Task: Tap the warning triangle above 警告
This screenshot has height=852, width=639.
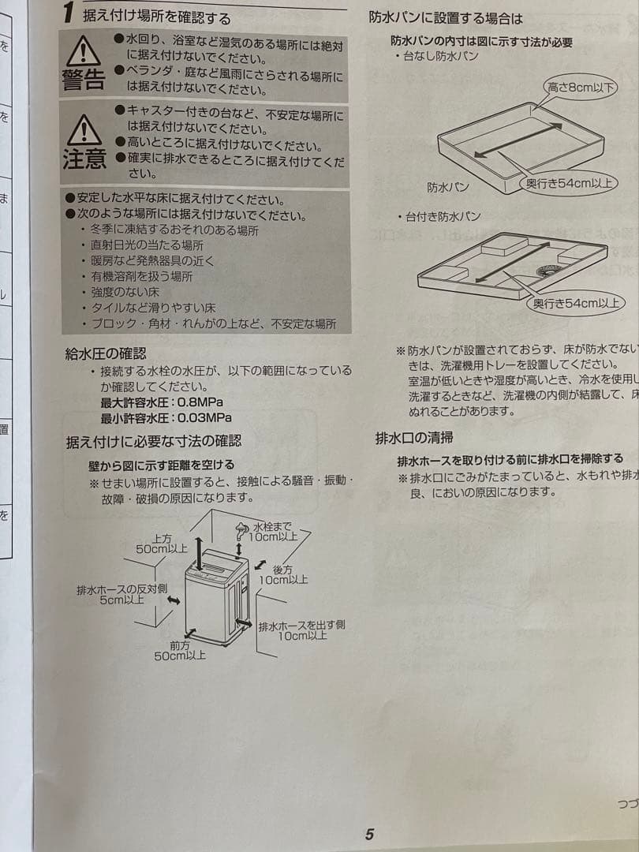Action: point(83,51)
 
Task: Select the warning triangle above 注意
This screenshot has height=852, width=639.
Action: point(84,129)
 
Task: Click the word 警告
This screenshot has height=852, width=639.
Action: point(84,80)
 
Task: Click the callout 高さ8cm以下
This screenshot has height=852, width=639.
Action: point(581,88)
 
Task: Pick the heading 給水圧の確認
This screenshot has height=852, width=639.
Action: point(105,353)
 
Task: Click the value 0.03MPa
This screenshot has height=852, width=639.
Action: point(204,418)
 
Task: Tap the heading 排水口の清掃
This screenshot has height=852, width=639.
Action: point(413,438)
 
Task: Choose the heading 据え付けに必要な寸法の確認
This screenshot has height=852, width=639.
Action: point(153,442)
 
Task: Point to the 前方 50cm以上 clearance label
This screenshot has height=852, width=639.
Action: point(180,650)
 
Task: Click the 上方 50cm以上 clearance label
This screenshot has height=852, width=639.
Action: point(162,543)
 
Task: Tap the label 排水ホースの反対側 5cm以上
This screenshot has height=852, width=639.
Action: point(122,594)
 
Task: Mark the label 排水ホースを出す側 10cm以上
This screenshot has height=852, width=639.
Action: point(301,630)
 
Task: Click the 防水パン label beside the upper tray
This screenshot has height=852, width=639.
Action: point(448,187)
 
